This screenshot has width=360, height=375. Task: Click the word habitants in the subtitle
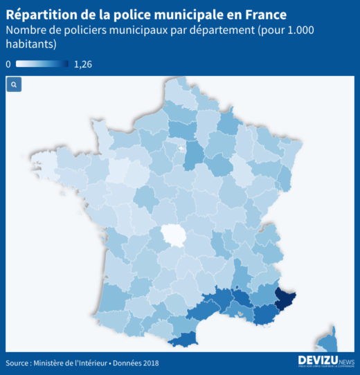(31, 44)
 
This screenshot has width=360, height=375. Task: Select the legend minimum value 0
(8, 64)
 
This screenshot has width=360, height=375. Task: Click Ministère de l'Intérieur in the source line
(75, 363)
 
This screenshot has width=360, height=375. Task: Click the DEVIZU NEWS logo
(325, 360)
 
